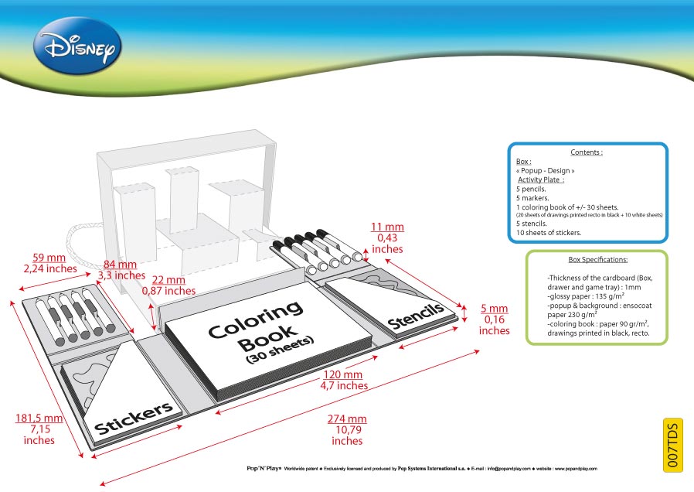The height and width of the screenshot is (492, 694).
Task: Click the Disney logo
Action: coord(77,46)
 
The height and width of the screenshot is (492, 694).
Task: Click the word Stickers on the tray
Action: coord(134,418)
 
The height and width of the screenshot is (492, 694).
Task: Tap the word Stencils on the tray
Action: coord(416,316)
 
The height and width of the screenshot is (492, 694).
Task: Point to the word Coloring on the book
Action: coord(255,319)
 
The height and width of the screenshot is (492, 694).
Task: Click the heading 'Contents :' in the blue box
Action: coord(587,152)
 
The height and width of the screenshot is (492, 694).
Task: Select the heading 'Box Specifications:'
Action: coord(598,259)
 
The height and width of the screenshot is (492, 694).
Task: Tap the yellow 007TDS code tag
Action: coord(673,445)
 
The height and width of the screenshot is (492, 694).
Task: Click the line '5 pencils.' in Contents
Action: coord(531,189)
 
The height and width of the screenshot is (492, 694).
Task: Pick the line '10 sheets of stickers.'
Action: coord(549,233)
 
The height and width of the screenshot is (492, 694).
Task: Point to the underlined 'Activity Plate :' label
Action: coord(541,179)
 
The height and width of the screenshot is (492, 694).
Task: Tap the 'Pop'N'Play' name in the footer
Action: coord(264,468)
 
